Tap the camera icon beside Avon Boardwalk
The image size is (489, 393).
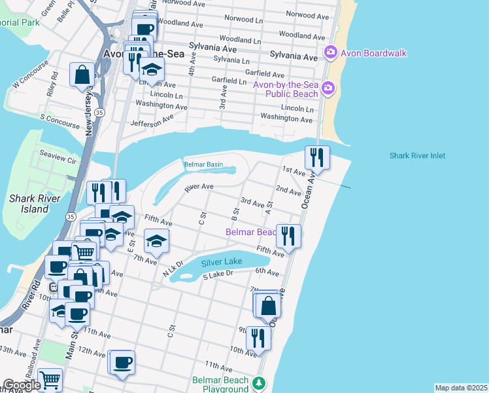pos(330,51)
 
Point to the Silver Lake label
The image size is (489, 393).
pos(222,262)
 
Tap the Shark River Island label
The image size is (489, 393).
pos(35,204)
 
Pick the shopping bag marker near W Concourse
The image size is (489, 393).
pos(83,75)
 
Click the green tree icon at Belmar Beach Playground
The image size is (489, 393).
pos(260,383)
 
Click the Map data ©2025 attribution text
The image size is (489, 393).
pos(461,388)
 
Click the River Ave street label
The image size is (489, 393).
pos(199,187)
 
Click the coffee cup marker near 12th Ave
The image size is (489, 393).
pos(122,362)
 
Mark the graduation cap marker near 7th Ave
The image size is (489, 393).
pos(156,242)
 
